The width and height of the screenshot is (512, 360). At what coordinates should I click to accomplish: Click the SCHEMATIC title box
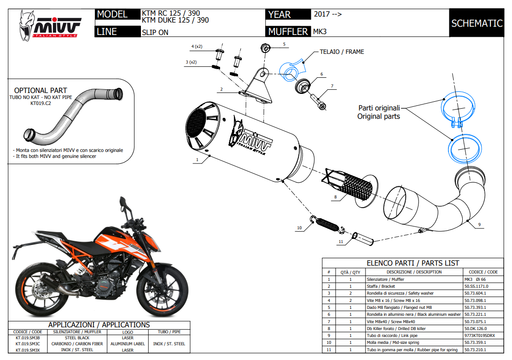[x=477, y=23]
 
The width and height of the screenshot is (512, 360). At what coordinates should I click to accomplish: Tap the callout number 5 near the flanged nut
[x=284, y=44]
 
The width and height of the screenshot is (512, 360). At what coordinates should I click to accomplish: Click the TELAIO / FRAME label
[x=342, y=52]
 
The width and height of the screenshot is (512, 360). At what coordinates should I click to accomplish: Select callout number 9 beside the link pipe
[x=479, y=225]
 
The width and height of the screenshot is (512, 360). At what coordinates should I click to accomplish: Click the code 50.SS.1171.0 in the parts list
[x=476, y=286]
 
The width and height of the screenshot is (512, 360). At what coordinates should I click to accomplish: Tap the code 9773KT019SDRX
[x=479, y=336]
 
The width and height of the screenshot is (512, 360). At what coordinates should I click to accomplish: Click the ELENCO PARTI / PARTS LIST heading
[x=413, y=263]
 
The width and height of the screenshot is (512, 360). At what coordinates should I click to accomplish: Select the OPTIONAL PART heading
[x=41, y=91]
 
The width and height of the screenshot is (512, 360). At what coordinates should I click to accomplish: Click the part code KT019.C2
[x=40, y=104]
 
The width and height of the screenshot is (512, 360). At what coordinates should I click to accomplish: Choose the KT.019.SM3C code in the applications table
[x=28, y=343]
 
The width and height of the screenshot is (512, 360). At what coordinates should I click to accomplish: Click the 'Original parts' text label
[x=378, y=116]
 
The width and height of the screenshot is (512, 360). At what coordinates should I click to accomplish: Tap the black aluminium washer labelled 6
[x=302, y=86]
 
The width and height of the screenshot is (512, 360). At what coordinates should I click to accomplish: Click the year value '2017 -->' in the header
[x=327, y=14]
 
